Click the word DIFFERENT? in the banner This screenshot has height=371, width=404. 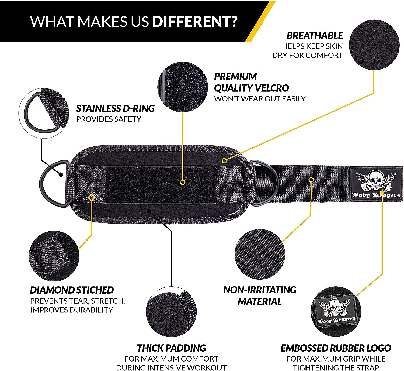194,21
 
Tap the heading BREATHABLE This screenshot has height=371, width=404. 315,36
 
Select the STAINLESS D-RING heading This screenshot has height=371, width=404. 115,108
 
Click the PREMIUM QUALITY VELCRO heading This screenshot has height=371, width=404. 251,82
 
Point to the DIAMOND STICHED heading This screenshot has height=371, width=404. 72,290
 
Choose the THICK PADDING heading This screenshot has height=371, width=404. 171,348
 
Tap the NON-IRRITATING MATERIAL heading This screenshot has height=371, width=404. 260,296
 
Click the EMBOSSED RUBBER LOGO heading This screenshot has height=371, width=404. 336,348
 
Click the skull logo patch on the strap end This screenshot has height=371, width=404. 376,184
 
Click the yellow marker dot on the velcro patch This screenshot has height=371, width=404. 183,183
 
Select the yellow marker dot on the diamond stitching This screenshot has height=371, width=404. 92,198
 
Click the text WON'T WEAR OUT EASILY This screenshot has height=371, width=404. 260,99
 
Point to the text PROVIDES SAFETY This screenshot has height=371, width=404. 109,119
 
